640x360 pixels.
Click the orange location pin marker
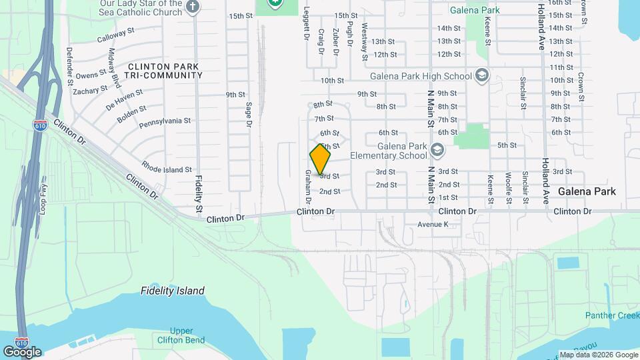coord(320,159)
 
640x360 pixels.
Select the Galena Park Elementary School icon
coord(437,149)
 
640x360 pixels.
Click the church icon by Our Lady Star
coord(193,7)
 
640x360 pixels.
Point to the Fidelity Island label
coord(173,291)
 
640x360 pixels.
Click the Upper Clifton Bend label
coord(181,335)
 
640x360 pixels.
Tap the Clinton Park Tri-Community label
coord(165,71)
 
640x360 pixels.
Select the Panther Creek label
coord(612,315)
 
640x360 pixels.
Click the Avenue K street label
coord(433,225)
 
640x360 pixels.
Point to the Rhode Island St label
coord(167,169)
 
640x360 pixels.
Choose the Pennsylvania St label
coord(165,123)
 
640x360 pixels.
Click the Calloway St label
coord(115,39)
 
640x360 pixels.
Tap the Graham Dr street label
coord(309,186)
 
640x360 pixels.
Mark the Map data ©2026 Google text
coord(598,355)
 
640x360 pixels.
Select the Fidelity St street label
coord(199,195)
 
